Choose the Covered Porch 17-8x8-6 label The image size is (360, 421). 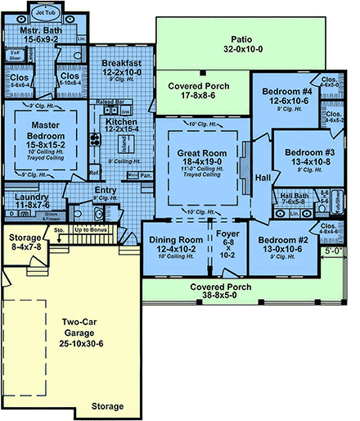pos(197,90)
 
